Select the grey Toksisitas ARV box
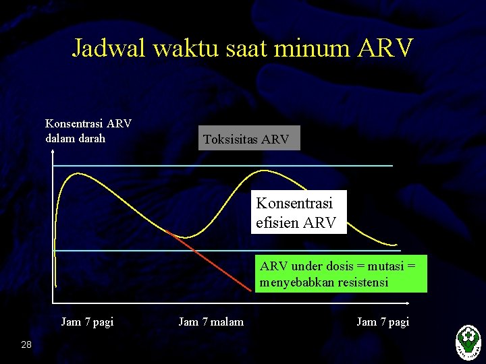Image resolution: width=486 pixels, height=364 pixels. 246,139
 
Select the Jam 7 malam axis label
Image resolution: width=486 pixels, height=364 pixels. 211,322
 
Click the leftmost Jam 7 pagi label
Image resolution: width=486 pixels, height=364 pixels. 87,322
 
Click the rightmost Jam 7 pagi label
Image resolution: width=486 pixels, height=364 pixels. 383,322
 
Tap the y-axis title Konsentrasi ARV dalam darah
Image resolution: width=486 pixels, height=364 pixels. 88,131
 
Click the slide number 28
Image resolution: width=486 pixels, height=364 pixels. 26,345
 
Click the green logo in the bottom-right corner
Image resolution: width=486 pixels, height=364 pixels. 468,340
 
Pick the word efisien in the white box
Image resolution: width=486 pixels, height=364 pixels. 278,222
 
